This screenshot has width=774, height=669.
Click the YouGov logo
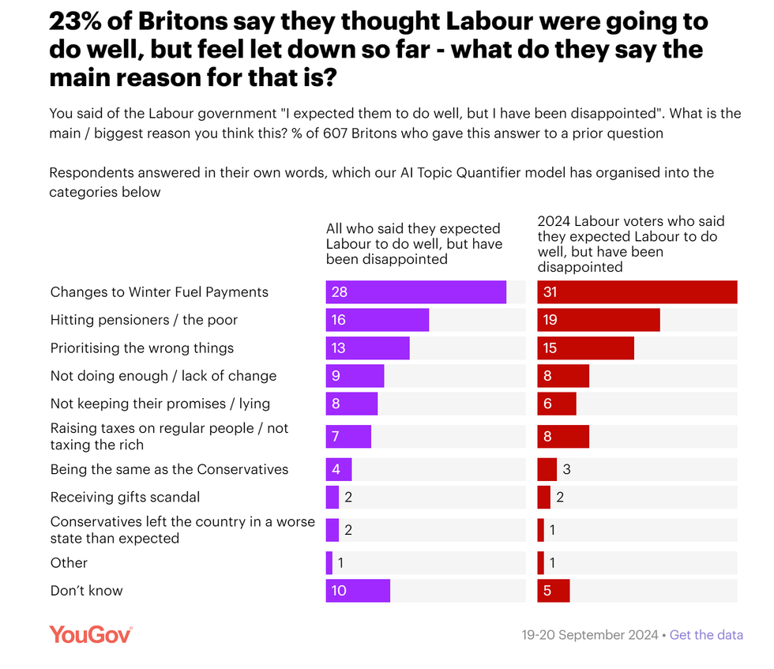tap(90, 634)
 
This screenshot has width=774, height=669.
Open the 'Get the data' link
tap(706, 635)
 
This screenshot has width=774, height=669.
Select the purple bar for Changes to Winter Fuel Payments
tap(415, 292)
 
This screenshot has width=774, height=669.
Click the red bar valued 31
tap(637, 292)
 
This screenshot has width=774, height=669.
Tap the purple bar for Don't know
tap(358, 591)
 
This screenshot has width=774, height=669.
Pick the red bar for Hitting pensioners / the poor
tap(598, 320)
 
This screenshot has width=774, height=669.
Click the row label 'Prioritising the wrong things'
tap(142, 348)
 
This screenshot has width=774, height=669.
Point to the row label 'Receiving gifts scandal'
tap(125, 498)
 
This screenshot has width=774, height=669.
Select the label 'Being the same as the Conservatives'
tap(169, 469)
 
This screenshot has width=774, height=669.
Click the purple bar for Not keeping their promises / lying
tap(351, 404)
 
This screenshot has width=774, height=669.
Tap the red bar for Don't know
tap(553, 591)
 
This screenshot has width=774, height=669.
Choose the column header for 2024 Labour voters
tap(631, 244)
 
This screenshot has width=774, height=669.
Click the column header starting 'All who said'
tap(414, 244)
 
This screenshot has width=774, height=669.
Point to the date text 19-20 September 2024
tap(590, 635)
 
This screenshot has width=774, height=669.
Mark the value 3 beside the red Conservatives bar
tap(566, 469)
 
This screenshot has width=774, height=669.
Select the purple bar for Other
tap(329, 563)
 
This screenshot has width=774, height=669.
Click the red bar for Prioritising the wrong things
tap(585, 348)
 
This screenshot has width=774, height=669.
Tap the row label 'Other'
tap(69, 563)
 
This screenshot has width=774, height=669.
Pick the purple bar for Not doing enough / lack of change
tap(355, 376)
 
